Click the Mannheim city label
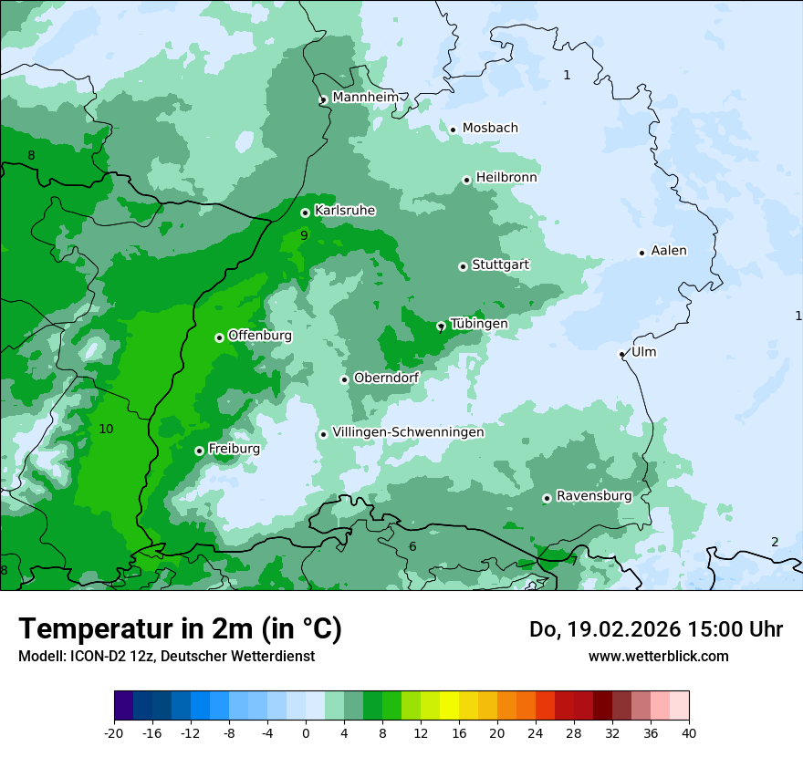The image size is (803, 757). click(365, 97)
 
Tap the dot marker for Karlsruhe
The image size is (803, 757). click(305, 213)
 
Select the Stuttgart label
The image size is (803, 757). click(500, 264)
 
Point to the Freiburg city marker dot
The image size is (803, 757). click(199, 451)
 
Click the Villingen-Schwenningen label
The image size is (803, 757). click(408, 432)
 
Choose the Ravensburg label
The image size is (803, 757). click(594, 496)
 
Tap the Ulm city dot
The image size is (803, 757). click(621, 354)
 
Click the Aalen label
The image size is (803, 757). click(669, 251)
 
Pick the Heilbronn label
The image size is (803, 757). click(506, 178)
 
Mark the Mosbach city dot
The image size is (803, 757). click(453, 130)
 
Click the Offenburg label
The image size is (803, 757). click(260, 336)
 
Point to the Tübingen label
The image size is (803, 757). click(479, 324)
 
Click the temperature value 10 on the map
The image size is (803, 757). click(106, 429)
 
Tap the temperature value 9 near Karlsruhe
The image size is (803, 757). click(304, 235)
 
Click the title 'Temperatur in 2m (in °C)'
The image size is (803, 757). click(180, 629)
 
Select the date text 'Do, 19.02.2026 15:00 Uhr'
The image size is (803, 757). click(656, 629)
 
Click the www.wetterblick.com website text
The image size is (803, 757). click(658, 656)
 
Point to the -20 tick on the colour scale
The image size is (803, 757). click(114, 732)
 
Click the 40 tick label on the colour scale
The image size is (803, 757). click(689, 732)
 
